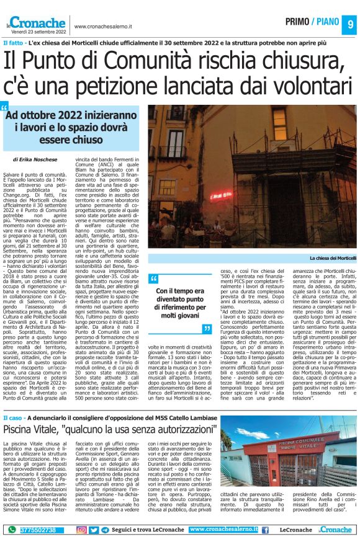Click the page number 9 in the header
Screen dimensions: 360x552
point(349,24)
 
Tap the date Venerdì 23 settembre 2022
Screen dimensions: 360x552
point(37,31)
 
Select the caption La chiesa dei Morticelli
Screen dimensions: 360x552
point(333,257)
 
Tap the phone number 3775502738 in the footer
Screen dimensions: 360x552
point(38,530)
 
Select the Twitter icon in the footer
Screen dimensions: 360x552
point(94,530)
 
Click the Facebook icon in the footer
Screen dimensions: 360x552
point(265,530)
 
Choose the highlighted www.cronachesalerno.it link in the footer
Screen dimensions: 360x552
point(223,529)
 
